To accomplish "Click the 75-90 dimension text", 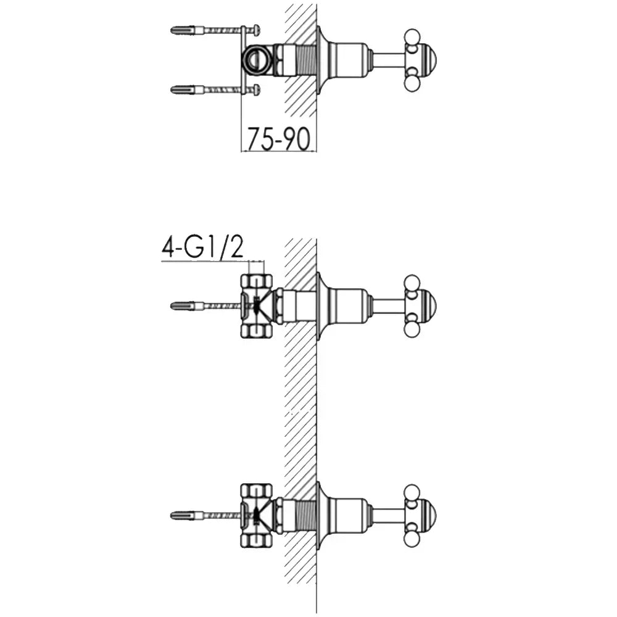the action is coord(279,139).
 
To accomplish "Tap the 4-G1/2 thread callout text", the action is coord(202,248).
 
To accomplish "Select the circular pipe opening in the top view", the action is coord(256,60).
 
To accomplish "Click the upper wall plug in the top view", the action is coord(186,30).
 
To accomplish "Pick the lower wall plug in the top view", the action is coord(186,90).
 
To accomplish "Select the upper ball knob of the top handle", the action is coord(412,36).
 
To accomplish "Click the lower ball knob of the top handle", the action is coord(412,83).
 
